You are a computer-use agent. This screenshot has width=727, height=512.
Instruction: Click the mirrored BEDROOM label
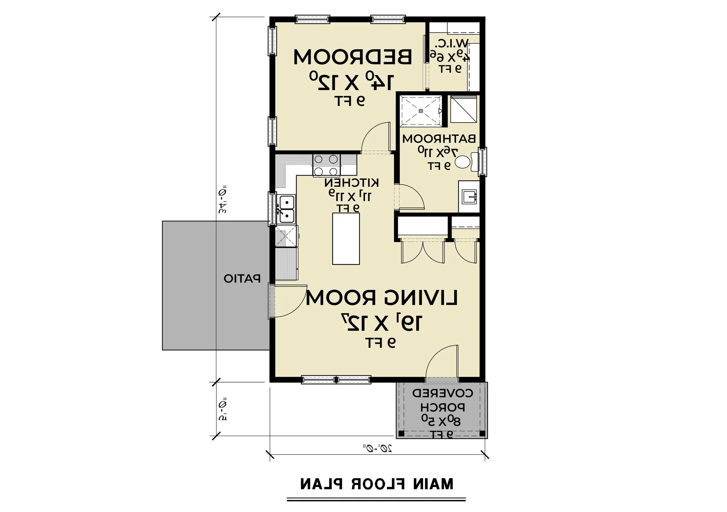(x=353, y=57)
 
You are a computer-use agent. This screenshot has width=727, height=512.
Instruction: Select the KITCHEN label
(x=351, y=183)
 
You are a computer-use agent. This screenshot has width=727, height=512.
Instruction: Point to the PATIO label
(x=242, y=278)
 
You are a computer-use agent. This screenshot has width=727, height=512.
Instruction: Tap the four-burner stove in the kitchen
(x=326, y=165)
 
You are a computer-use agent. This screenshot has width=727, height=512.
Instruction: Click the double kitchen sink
(x=286, y=209)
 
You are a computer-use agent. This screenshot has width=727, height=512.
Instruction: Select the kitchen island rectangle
(x=346, y=239)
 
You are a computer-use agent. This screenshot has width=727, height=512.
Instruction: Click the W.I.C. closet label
(x=450, y=43)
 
